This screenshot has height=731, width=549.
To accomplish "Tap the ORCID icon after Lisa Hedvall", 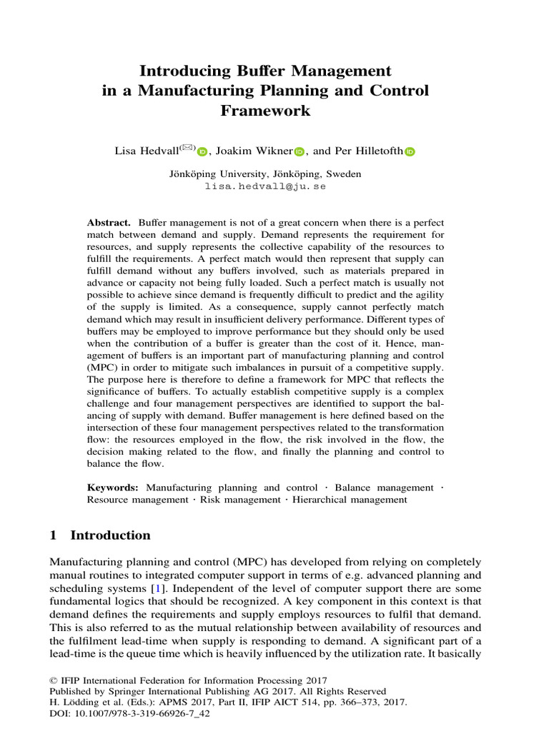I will (202, 151).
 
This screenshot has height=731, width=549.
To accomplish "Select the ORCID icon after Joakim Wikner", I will (300, 151).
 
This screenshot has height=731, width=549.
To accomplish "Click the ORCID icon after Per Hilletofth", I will (410, 151).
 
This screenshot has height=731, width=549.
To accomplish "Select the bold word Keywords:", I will (113, 488).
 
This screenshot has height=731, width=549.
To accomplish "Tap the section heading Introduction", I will (110, 535).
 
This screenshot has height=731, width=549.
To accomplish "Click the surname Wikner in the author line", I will (272, 151).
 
